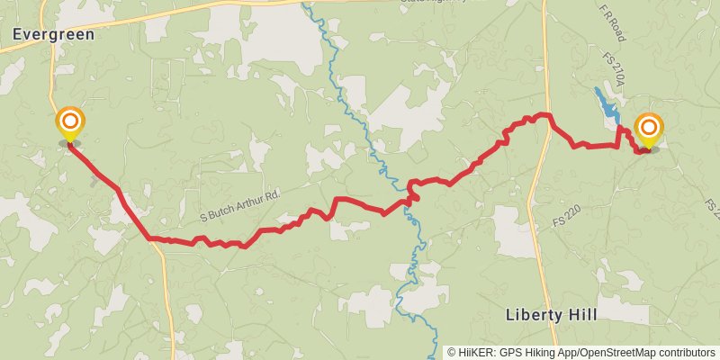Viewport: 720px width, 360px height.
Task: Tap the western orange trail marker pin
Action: [x=70, y=123]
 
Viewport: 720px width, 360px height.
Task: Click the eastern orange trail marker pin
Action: [x=648, y=129]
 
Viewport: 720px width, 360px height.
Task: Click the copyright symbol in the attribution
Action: [x=452, y=353]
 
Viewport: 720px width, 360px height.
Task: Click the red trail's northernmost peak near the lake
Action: [x=543, y=114]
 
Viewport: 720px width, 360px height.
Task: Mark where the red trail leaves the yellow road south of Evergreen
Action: [x=151, y=238]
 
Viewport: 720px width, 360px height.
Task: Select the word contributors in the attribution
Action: [x=687, y=353]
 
